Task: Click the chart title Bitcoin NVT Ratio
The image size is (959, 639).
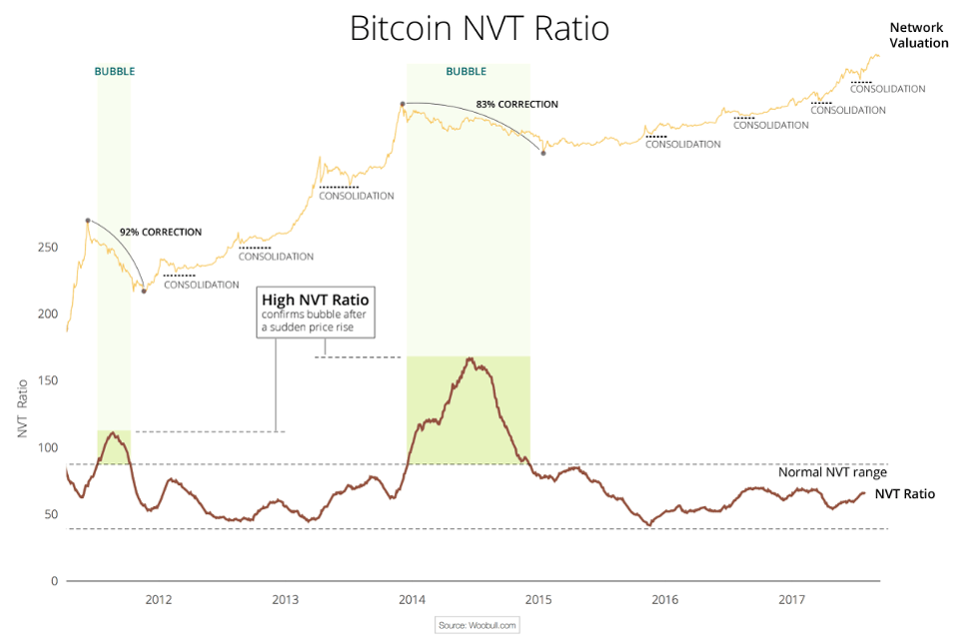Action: pos(479,28)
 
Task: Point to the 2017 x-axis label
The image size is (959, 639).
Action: pos(791,600)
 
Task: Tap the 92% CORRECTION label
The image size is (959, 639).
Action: pos(160,232)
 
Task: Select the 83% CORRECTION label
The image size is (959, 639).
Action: pos(516,104)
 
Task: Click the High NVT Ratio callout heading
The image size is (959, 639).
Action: pos(315,300)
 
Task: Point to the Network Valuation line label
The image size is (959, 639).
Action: pos(918,35)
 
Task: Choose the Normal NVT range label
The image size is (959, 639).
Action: pos(832,473)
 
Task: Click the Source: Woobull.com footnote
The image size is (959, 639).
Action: pos(479,625)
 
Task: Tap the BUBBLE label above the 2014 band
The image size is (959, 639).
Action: pos(467,72)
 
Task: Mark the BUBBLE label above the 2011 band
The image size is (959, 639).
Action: pos(114,72)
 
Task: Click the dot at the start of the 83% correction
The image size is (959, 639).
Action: pos(402,104)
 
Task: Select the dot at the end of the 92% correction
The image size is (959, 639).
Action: pos(144,291)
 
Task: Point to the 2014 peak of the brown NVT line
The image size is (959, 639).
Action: pos(470,357)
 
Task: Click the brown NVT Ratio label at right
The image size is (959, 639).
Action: pos(904,493)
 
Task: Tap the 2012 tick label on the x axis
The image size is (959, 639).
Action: pos(158,600)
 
